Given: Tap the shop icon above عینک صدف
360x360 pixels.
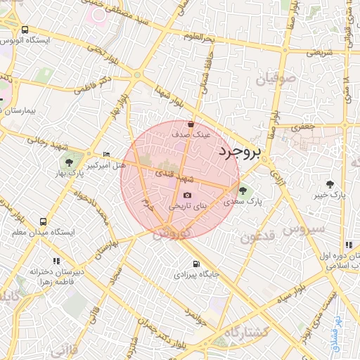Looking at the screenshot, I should [191, 124].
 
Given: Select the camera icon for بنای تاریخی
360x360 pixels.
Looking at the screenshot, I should [187, 195].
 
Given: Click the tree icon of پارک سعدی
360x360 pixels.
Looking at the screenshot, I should [243, 190].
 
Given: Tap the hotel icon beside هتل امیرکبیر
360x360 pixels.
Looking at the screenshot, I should [106, 154].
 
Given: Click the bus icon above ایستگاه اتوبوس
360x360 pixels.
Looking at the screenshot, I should [25, 30].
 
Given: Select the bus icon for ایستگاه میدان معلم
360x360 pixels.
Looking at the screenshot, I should [44, 220].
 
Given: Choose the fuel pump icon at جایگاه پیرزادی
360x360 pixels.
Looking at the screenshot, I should [195, 264].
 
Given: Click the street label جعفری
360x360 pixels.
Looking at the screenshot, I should [308, 128].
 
